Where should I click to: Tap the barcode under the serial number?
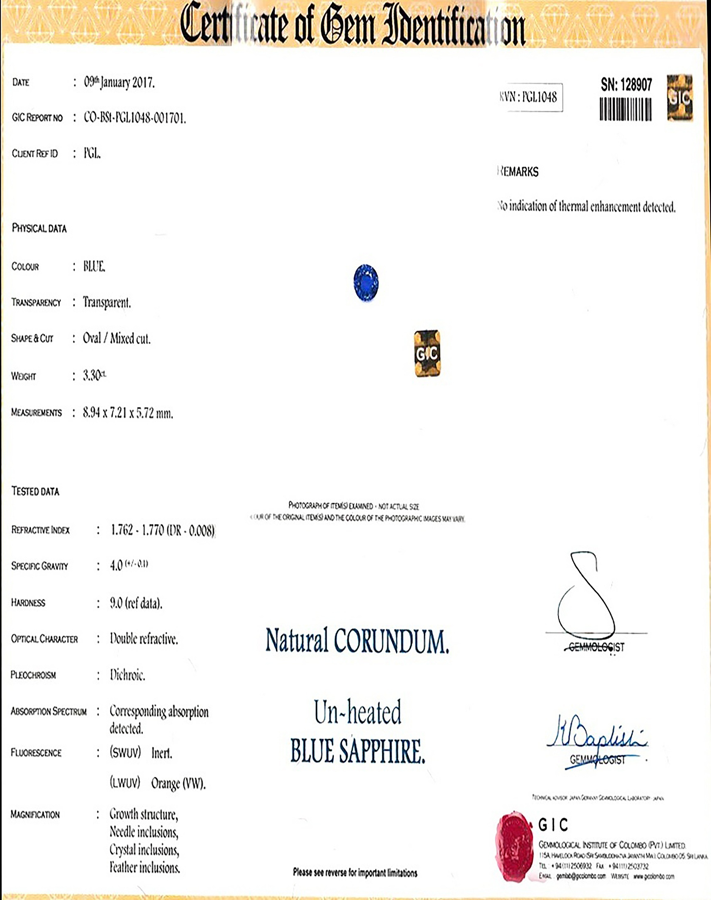625,110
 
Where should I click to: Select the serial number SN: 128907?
626,85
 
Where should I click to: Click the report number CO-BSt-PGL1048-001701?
135,118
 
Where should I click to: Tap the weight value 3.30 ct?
94,376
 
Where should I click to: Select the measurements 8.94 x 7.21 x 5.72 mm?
127,413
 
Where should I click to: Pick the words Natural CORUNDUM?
357,641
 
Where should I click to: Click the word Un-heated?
357,713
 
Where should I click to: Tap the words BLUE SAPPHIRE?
357,751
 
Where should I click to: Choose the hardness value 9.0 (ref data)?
136,603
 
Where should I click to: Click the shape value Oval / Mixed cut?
117,338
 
